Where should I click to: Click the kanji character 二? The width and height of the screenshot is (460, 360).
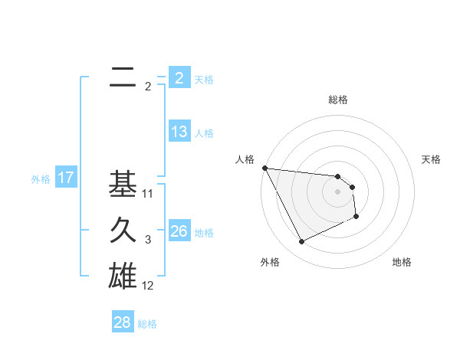[123, 77]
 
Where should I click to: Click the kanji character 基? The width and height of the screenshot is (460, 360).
[123, 185]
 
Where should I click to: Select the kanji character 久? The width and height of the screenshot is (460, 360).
[123, 231]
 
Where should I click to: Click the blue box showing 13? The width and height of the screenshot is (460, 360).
[179, 132]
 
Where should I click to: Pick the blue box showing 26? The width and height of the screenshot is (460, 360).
[179, 231]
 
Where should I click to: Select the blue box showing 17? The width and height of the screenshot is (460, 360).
[66, 178]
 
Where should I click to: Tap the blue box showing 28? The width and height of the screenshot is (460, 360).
[123, 322]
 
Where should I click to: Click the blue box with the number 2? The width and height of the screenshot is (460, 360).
[179, 77]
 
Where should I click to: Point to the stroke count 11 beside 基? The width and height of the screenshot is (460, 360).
[148, 194]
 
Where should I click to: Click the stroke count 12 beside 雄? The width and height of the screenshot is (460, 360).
[148, 286]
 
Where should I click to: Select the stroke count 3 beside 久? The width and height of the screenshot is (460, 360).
[148, 240]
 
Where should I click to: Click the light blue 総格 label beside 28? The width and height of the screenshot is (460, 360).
[147, 324]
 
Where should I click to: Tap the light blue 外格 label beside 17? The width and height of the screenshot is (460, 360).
[41, 179]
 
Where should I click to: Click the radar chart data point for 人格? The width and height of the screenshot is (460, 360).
[264, 168]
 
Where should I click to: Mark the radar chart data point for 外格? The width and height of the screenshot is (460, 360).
[301, 242]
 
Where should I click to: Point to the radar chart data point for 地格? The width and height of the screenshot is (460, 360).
[356, 217]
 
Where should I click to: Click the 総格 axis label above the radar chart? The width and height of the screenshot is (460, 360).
[338, 100]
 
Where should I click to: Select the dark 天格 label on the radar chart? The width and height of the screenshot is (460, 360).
[432, 159]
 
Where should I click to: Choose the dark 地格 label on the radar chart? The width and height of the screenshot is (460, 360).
[402, 262]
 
